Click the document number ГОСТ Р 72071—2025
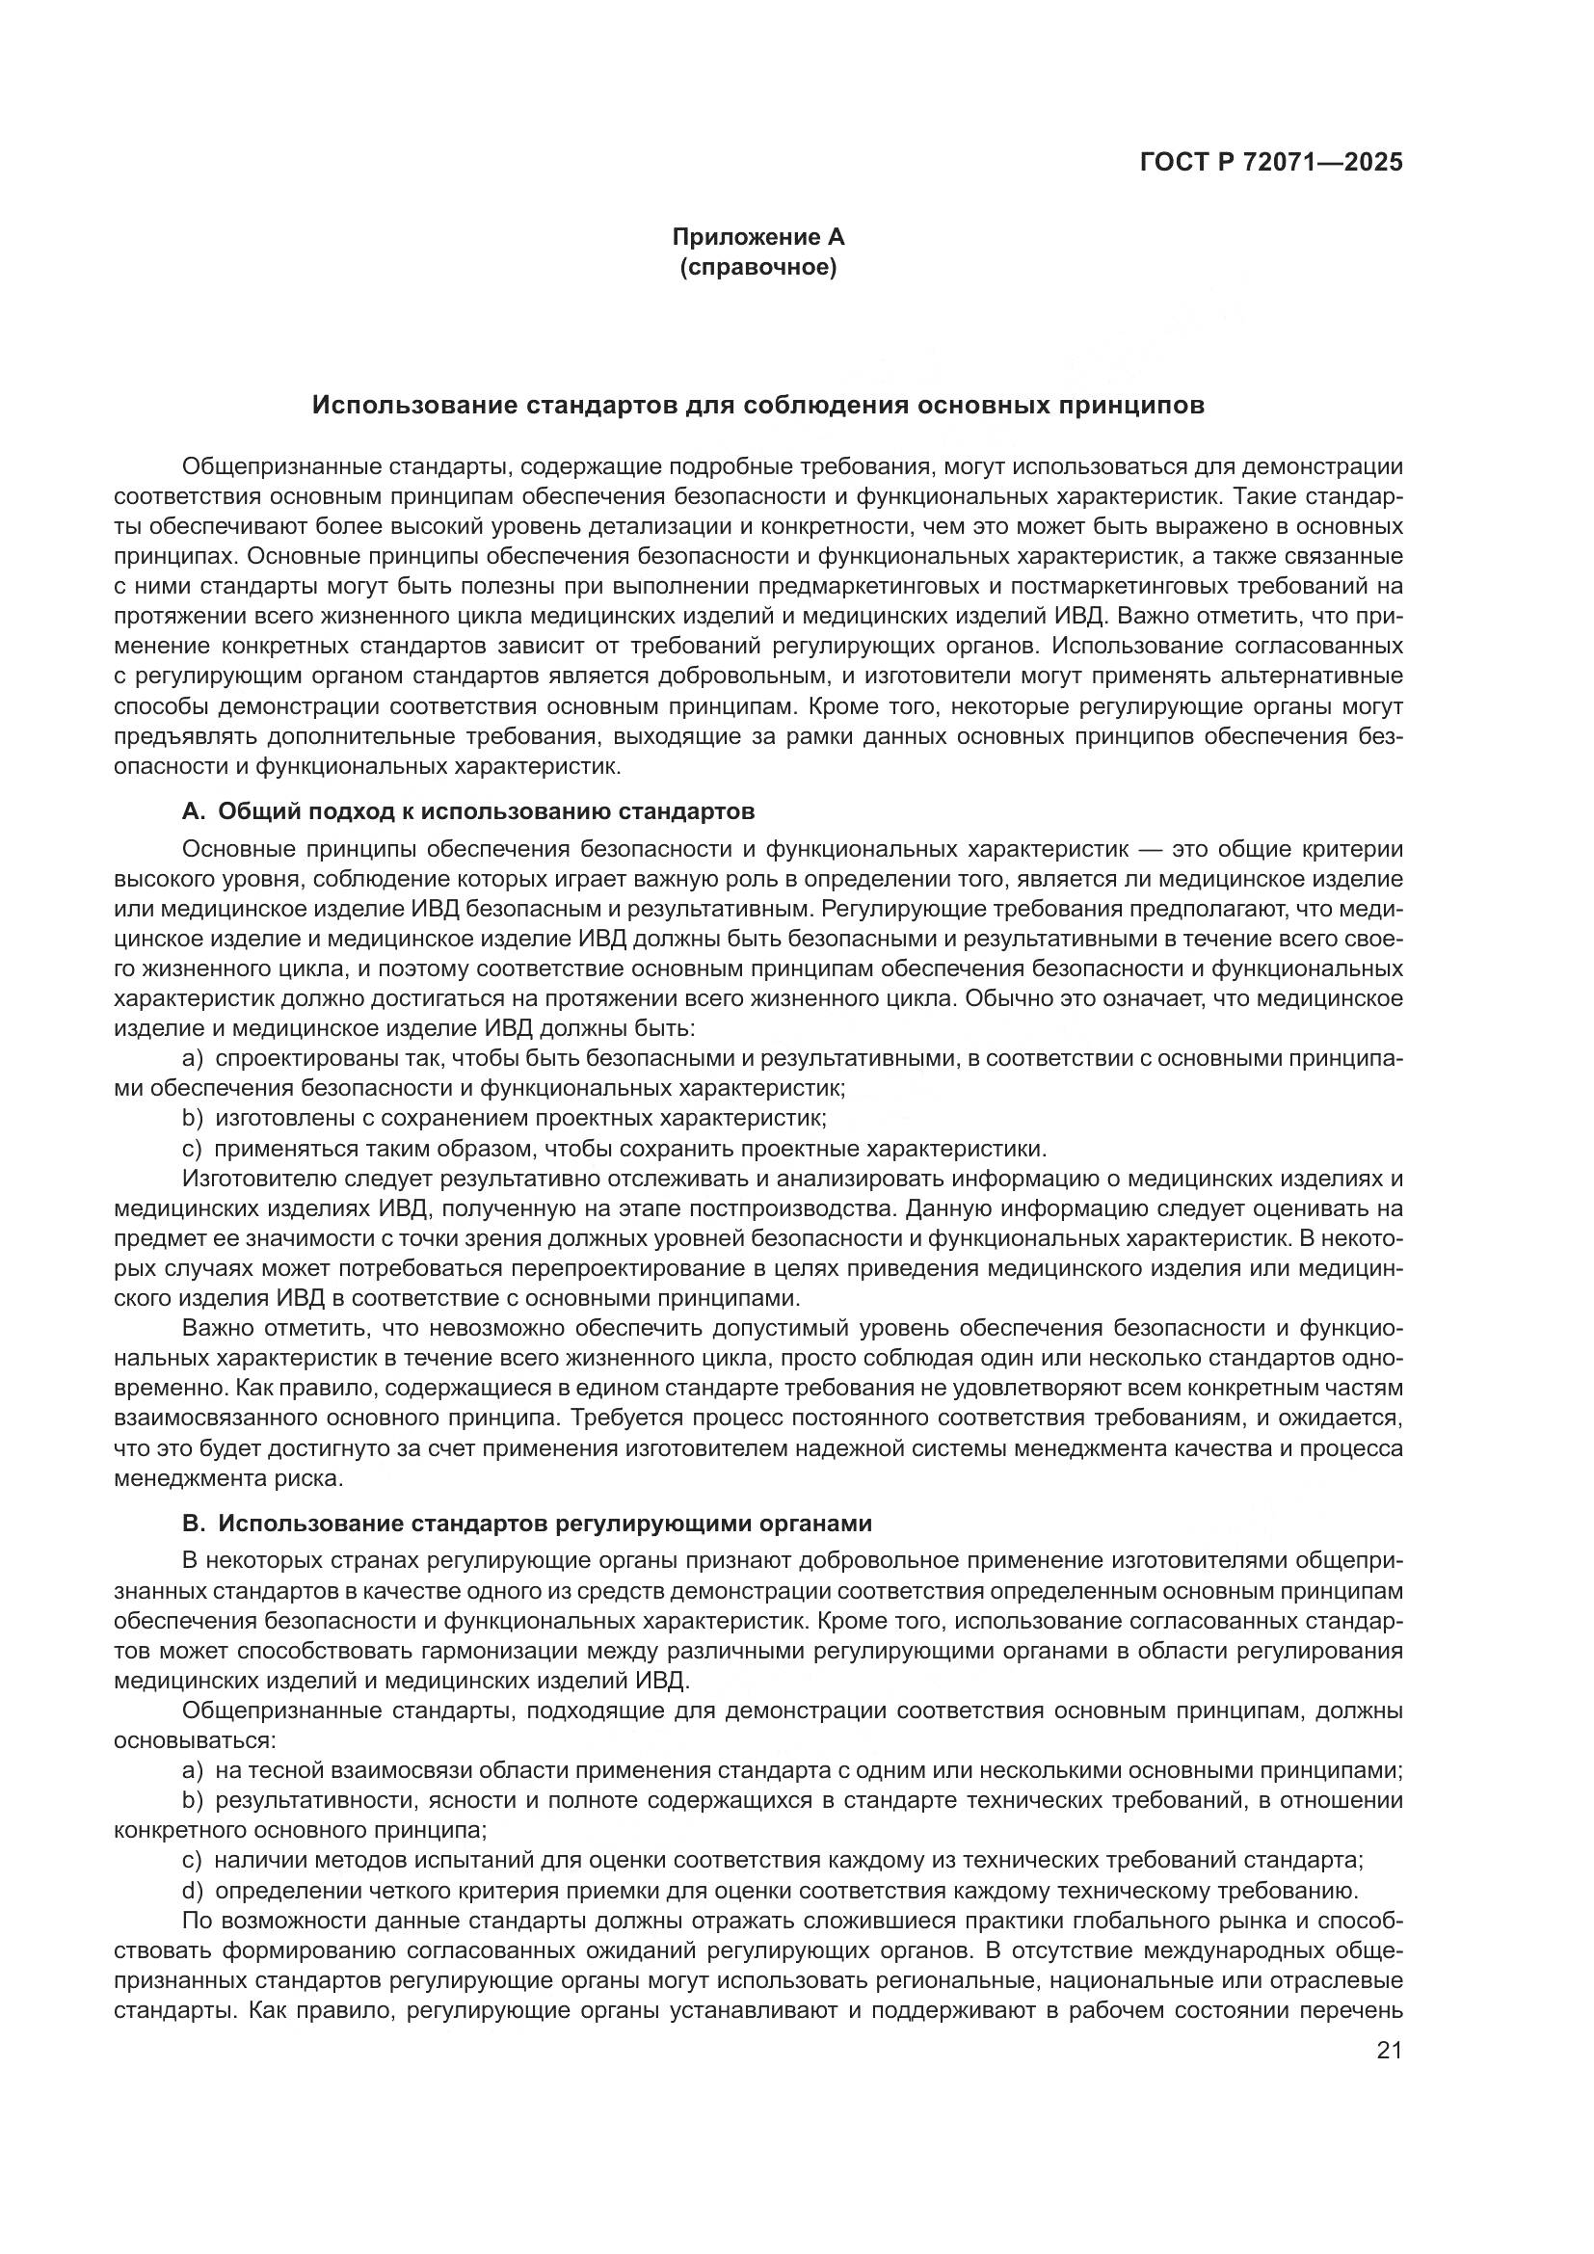tap(1271, 163)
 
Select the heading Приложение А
tap(757, 237)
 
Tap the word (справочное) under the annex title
tap(757, 267)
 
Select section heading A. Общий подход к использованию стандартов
tap(468, 810)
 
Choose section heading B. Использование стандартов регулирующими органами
tap(527, 1524)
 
